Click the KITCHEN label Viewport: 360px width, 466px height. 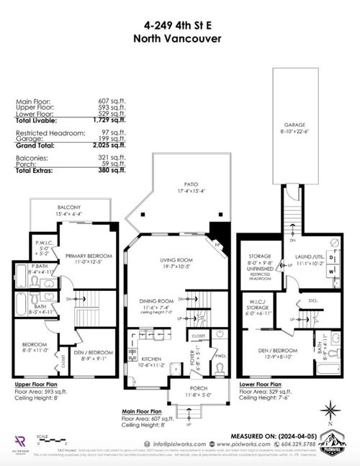pos(151,358)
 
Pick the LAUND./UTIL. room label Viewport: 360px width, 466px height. pos(310,261)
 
